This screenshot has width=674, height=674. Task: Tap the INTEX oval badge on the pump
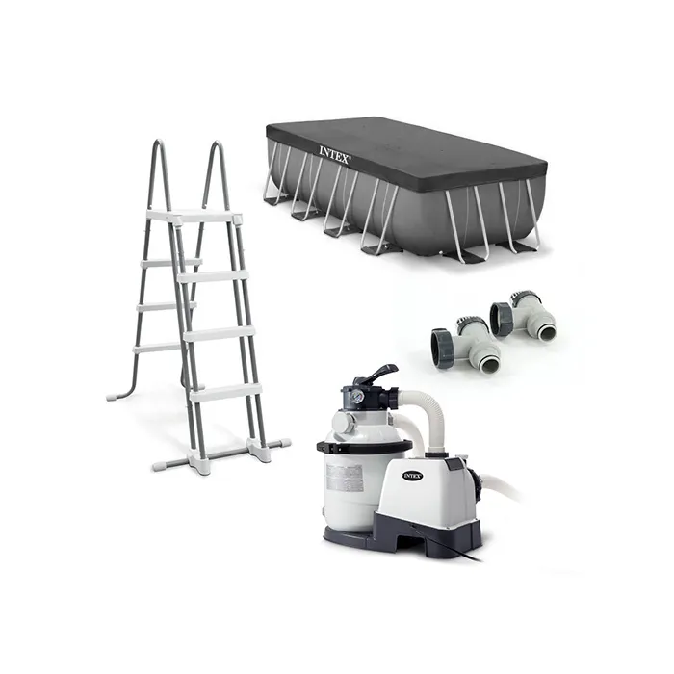pos(412,475)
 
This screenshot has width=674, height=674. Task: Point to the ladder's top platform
pos(193,215)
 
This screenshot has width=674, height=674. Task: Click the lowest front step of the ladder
pos(226,392)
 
